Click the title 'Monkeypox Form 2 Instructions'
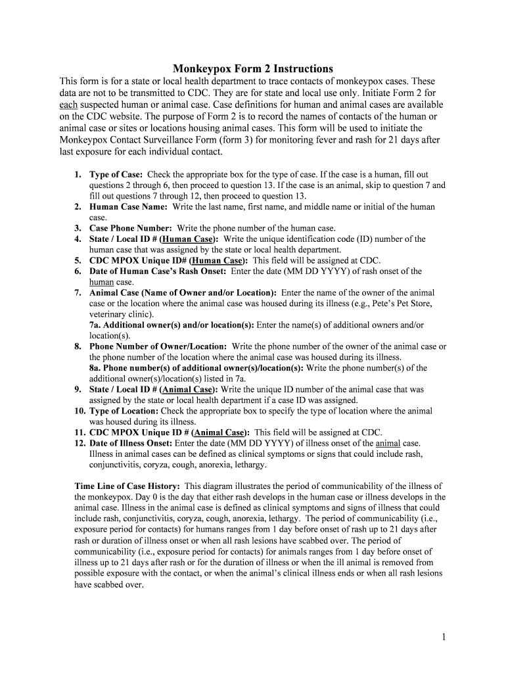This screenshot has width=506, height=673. coord(253,68)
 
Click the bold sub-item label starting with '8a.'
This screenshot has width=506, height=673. coord(196,367)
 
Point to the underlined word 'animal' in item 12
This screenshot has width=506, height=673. coord(387,443)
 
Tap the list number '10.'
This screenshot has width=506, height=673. coord(80,411)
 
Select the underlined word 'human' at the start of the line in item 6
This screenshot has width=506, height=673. coord(101,282)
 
